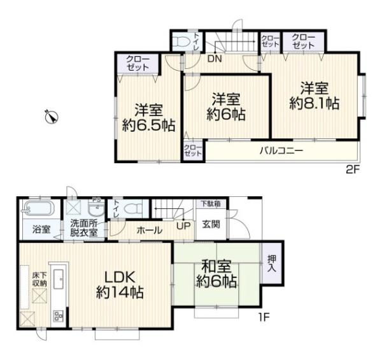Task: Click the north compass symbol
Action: click(x=52, y=117)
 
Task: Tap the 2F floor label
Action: click(x=353, y=169)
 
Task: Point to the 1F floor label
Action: click(x=264, y=317)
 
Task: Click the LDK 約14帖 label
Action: click(x=120, y=285)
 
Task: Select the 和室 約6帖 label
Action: click(x=216, y=274)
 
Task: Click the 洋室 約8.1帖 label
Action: click(x=315, y=96)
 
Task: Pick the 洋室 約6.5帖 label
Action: click(x=148, y=118)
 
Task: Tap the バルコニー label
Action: click(x=281, y=150)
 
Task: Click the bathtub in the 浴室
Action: click(x=39, y=208)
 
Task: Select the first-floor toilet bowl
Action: click(x=133, y=208)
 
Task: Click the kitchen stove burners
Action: click(x=58, y=317)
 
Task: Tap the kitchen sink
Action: click(x=59, y=279)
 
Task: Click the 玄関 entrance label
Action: click(x=211, y=224)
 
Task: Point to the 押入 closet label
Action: click(x=272, y=263)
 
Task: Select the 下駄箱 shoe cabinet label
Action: click(x=211, y=203)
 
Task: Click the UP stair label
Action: click(x=183, y=226)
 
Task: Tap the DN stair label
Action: click(x=215, y=59)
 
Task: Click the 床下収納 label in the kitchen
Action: click(x=39, y=279)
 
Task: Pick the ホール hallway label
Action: click(x=150, y=230)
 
